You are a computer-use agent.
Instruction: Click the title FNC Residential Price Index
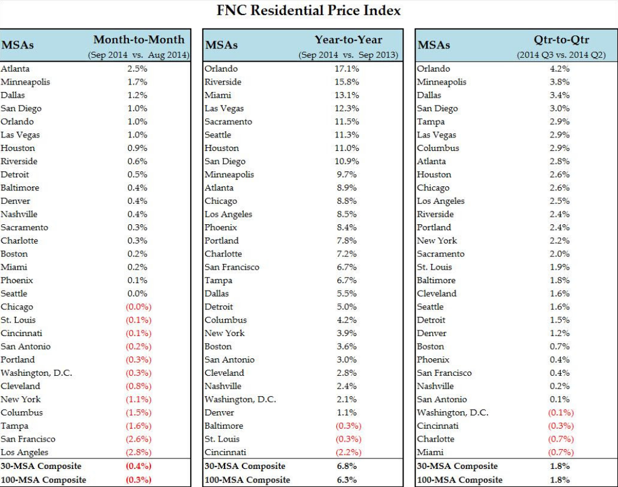[x=308, y=10]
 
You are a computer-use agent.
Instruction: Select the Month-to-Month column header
[x=139, y=40]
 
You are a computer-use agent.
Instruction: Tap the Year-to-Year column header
[x=348, y=40]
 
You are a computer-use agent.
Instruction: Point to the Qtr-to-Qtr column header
[x=561, y=40]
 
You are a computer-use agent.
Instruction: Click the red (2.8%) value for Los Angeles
[x=139, y=452]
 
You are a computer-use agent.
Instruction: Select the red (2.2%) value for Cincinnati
[x=348, y=452]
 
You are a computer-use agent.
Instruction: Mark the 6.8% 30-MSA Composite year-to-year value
[x=348, y=466]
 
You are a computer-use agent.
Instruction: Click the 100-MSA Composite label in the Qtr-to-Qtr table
[x=459, y=479]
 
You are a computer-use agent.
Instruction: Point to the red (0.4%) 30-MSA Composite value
[x=139, y=466]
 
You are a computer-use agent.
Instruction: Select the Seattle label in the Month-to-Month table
[x=14, y=294]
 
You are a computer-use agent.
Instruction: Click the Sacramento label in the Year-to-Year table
[x=228, y=122]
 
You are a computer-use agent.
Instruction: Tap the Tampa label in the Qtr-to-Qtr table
[x=430, y=122]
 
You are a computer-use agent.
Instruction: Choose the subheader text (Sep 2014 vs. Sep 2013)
[x=348, y=55]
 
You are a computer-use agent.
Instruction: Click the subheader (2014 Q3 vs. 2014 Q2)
[x=561, y=55]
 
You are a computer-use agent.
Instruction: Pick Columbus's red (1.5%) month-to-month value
[x=139, y=412]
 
